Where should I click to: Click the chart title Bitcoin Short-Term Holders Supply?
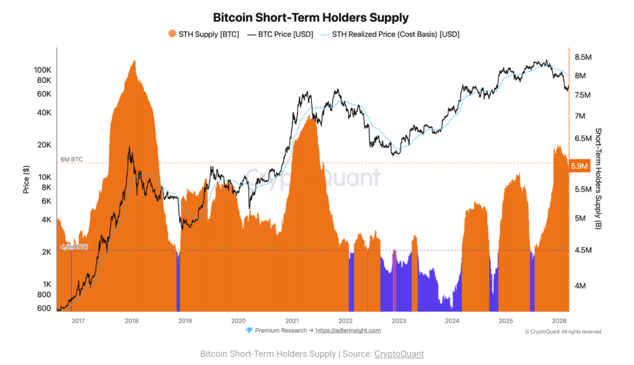[311, 17]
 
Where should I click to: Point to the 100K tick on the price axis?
[43, 69]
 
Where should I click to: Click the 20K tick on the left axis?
[45, 144]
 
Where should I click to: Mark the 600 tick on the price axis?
[45, 308]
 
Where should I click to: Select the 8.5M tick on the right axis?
[584, 57]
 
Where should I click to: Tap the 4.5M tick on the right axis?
[584, 250]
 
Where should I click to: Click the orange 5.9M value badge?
[579, 166]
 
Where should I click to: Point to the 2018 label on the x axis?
[131, 320]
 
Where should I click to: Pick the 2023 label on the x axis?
[399, 320]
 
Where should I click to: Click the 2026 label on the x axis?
[559, 320]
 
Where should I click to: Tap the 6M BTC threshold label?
[72, 159]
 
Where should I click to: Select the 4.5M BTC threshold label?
[74, 247]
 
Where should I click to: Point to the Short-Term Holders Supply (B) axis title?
[598, 178]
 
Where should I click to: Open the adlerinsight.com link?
[348, 331]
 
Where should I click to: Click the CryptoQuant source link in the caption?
[399, 354]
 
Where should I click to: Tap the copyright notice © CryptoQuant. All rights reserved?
[563, 332]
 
